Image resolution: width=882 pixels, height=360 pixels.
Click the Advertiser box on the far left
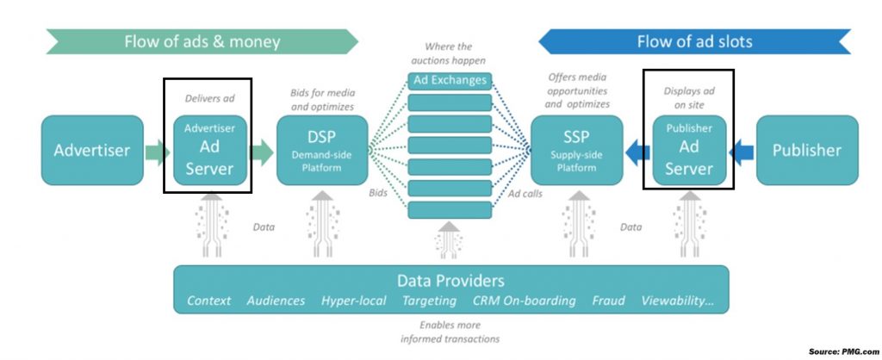92,150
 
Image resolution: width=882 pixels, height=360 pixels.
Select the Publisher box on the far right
806,150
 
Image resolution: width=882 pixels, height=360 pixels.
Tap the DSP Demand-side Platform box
322,150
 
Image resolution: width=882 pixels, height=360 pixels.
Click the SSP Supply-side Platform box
576,150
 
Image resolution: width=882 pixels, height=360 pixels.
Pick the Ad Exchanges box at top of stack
449,81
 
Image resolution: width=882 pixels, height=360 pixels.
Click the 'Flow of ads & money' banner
202,42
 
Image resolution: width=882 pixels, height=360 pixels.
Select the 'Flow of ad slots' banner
694,41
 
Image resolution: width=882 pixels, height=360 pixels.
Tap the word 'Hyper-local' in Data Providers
352,301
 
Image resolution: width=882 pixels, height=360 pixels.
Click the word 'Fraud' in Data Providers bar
608,301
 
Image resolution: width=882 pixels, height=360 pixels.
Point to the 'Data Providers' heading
450,281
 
